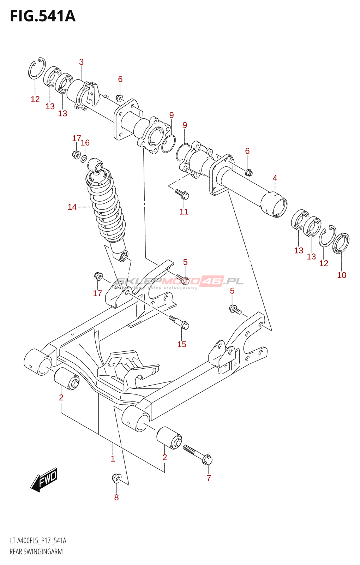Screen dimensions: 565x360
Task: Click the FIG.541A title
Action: [43, 16]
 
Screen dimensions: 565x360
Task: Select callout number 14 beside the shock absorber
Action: [72, 207]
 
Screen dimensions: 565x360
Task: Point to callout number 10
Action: [342, 275]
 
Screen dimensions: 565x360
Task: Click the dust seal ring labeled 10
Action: [341, 243]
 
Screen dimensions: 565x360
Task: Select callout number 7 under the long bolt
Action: [209, 478]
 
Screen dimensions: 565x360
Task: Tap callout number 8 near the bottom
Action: [116, 498]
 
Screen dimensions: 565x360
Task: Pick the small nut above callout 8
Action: [116, 478]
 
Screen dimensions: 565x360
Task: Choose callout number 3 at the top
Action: [81, 62]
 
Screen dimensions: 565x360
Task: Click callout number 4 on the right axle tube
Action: [275, 178]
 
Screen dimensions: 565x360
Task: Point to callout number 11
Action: [184, 212]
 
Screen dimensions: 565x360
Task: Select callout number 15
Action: [182, 344]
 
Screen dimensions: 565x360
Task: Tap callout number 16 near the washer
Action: [85, 143]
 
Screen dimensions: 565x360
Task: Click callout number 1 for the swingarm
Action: [113, 459]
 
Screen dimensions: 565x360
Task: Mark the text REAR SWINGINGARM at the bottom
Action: [36, 552]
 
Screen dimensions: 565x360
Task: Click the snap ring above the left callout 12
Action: [36, 68]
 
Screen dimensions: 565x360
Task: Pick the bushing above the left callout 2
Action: [67, 379]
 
